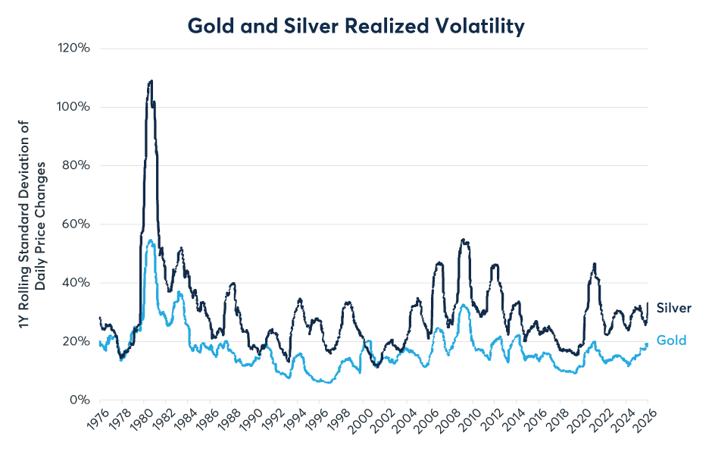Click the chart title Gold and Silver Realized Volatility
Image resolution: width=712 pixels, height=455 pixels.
[355, 27]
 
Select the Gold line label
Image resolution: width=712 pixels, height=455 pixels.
[671, 340]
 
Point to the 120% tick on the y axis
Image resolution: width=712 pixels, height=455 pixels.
[73, 48]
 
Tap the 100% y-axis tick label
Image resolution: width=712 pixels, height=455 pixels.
[73, 107]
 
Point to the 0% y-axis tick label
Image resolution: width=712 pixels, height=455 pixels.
[80, 400]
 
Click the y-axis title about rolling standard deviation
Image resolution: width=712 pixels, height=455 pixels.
[30, 224]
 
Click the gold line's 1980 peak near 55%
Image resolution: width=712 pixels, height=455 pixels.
[151, 240]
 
